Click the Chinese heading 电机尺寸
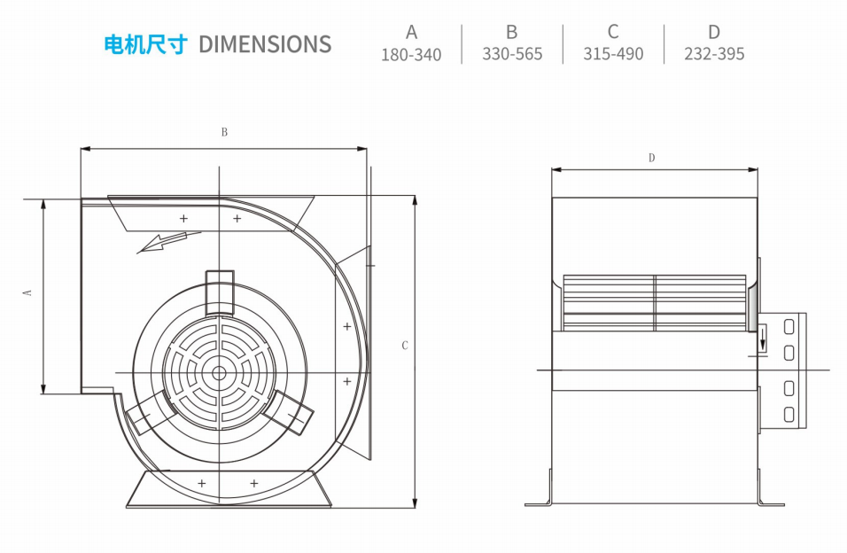click(x=146, y=44)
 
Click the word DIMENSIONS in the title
click(x=265, y=44)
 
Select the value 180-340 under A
click(x=411, y=55)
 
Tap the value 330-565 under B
click(x=512, y=54)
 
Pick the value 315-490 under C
click(x=613, y=54)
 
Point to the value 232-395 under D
click(x=714, y=54)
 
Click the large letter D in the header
click(x=714, y=33)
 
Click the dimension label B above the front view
click(x=224, y=132)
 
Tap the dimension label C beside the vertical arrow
click(x=405, y=346)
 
